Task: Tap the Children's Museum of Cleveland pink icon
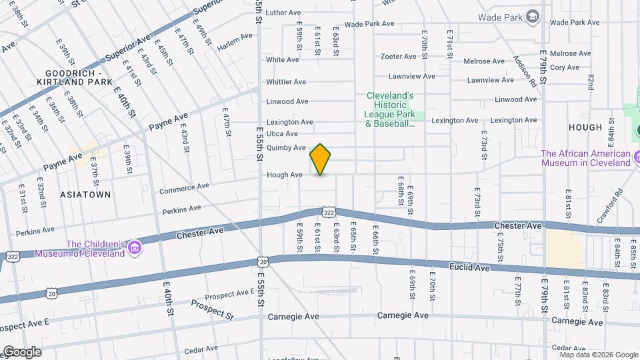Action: point(135,249)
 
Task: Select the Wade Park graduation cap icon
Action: point(533,15)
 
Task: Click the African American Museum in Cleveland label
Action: point(585,158)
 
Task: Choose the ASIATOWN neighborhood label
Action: point(76,194)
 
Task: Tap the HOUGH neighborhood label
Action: point(585,127)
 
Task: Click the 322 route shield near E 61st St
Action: point(328,212)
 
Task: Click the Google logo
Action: point(22,351)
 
